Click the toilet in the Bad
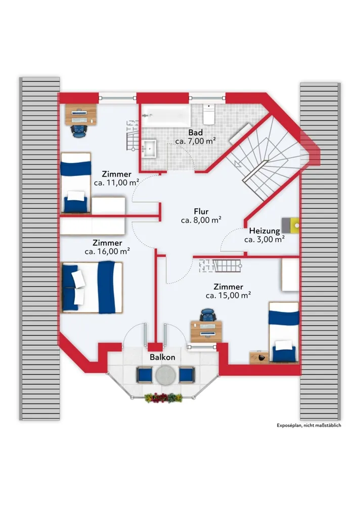coord(209,114)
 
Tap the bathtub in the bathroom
coord(166,115)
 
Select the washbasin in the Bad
coord(149,149)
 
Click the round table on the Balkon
coord(166,375)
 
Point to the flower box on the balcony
coord(163,398)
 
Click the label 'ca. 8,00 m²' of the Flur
coord(201,220)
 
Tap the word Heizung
coord(264,231)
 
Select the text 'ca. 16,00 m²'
coord(107,252)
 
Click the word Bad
coord(196,132)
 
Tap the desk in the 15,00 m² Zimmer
coord(206,331)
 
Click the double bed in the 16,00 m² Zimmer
coord(92,287)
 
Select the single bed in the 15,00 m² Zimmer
coord(284,332)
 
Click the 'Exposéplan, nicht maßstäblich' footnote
coord(309,425)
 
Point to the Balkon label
coord(162,357)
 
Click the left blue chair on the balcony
coord(144,375)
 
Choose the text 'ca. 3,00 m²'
coord(264,239)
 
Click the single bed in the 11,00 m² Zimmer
coord(76,182)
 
